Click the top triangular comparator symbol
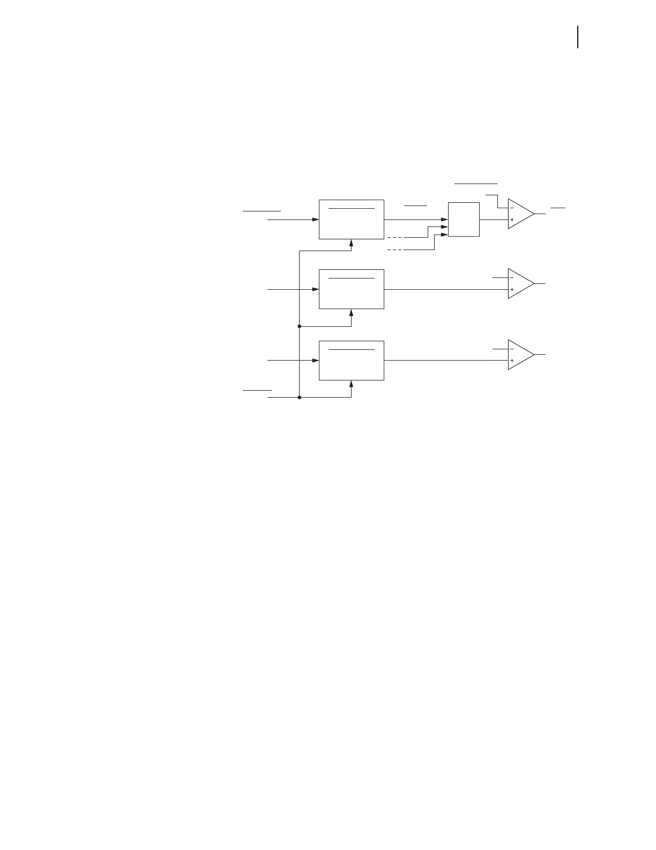point(520,214)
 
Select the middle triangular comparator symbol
point(520,283)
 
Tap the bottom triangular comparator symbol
point(520,355)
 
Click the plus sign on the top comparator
point(512,219)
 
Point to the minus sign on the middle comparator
point(512,277)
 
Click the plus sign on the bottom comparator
point(512,361)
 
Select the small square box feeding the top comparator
point(464,219)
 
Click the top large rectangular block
point(351,219)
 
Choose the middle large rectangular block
point(351,289)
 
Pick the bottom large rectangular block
point(351,361)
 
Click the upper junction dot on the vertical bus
point(299,326)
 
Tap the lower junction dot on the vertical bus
point(299,398)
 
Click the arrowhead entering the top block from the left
point(316,219)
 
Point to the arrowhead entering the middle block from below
point(351,312)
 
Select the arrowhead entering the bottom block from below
point(351,384)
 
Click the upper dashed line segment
point(395,237)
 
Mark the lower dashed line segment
point(395,250)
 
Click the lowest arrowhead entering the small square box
point(444,235)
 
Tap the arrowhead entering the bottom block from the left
point(316,361)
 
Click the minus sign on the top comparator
point(512,208)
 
